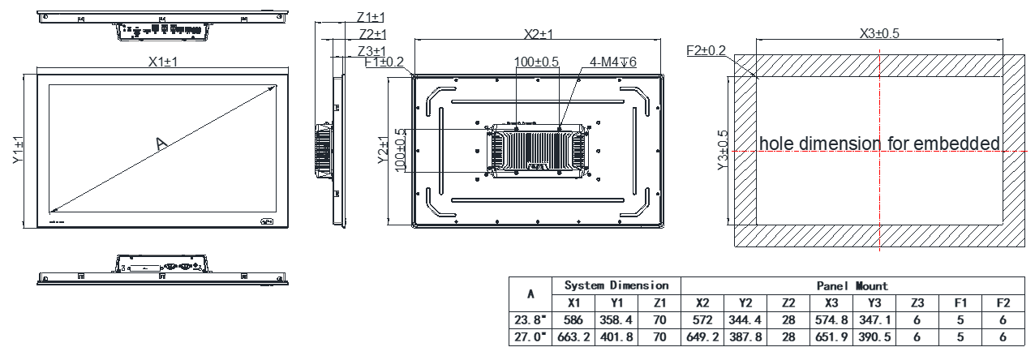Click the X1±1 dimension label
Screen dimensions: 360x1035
163,62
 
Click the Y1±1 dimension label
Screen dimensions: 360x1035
19,152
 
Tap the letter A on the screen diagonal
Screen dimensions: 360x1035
161,144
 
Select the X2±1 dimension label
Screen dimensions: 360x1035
538,34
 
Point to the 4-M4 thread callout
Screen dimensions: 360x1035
613,62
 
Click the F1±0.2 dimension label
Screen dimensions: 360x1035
384,62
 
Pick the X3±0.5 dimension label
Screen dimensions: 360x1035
879,33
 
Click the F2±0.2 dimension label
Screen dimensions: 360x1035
706,50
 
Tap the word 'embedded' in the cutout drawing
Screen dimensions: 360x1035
956,144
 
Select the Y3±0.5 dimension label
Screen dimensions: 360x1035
722,152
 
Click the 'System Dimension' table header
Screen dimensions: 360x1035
616,285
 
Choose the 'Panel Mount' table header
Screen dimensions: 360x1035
851,285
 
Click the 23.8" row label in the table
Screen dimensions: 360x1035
530,319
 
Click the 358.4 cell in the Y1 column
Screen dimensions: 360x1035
616,319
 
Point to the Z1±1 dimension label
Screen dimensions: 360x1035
371,17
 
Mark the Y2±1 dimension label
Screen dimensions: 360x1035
384,152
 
